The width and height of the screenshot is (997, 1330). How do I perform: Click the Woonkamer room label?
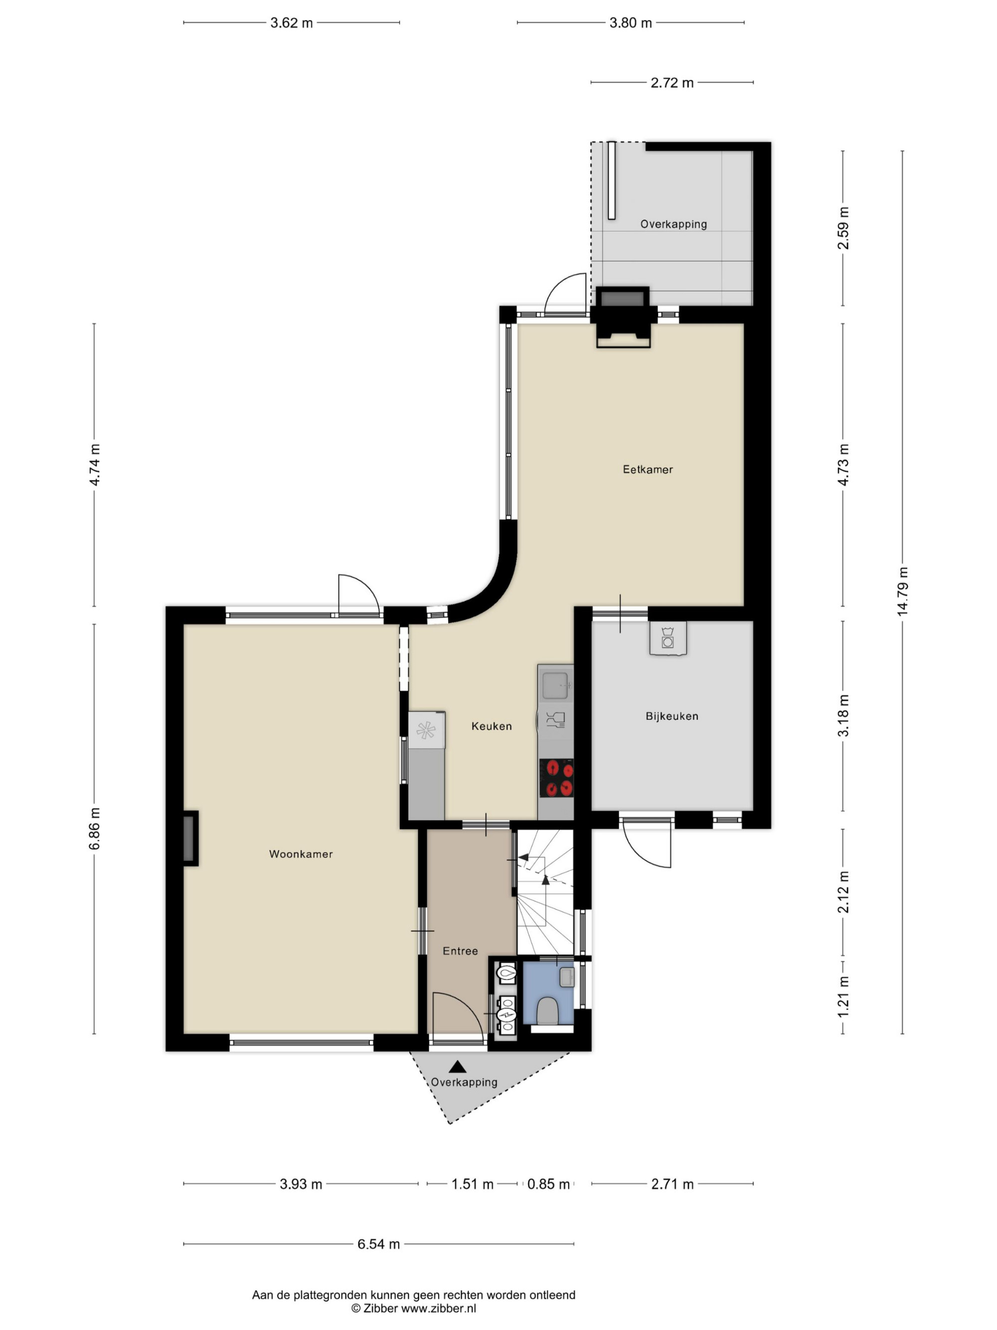pos(301,854)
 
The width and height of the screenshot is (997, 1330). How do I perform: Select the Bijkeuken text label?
pos(672,716)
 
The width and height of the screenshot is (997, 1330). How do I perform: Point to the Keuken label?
pos(492,726)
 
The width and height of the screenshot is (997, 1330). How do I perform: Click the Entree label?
pos(460,950)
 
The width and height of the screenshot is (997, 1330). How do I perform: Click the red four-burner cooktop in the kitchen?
pos(556,778)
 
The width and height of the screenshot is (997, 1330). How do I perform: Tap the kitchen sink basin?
pos(556,685)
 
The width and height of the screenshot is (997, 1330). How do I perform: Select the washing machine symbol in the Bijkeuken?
pos(667,637)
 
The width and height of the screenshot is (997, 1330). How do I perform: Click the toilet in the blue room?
pos(547,1011)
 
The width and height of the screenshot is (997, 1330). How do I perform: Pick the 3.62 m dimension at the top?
pos(292,23)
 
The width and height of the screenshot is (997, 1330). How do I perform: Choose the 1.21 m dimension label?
pos(843,997)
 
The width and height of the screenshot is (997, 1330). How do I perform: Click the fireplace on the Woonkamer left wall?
pos(190,838)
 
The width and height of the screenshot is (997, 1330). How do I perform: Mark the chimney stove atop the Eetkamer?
pos(623,317)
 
